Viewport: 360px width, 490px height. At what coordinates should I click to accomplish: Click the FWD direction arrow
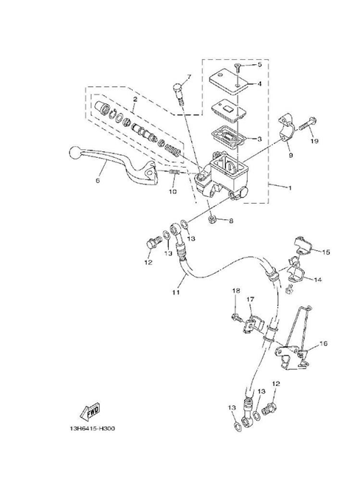(x=90, y=412)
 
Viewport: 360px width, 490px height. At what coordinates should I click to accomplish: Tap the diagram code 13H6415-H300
(x=92, y=429)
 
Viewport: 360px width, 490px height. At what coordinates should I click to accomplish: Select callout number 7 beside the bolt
(x=189, y=77)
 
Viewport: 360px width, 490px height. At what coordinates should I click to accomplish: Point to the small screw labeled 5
(x=237, y=67)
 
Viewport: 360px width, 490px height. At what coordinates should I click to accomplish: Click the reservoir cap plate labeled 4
(x=229, y=81)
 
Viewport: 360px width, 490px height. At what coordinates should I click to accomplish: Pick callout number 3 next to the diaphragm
(x=259, y=139)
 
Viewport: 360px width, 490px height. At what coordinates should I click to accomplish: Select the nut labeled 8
(x=212, y=218)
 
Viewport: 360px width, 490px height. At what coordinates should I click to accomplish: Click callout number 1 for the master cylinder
(x=290, y=188)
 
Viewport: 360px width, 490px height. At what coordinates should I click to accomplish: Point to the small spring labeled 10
(x=173, y=173)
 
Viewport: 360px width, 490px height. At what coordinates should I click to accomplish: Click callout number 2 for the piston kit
(x=135, y=100)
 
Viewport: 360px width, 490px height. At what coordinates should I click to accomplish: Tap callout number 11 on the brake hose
(x=176, y=292)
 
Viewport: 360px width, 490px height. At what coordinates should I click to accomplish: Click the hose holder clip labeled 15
(x=302, y=249)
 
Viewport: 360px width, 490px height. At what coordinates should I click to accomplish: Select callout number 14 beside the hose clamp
(x=317, y=280)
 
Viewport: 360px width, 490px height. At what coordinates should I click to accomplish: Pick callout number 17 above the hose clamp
(x=250, y=300)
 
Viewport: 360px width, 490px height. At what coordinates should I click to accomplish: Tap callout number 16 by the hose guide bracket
(x=323, y=343)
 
